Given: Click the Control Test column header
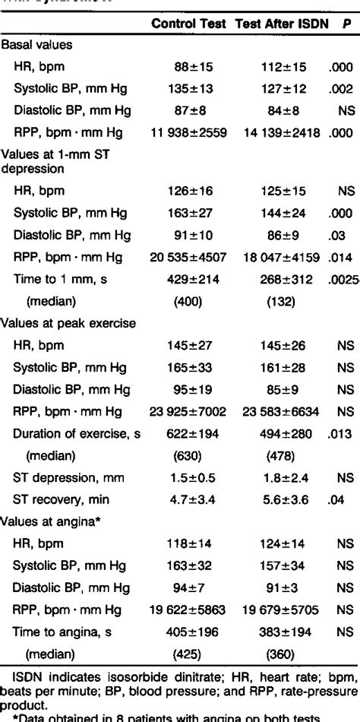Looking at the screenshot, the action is coord(189,24).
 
